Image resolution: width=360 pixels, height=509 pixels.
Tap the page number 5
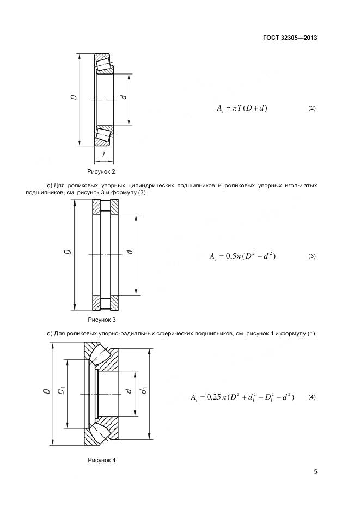315,471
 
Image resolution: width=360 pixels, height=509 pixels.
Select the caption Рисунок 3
102,320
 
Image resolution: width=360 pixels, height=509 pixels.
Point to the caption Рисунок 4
102,460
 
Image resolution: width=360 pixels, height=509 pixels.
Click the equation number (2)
312,108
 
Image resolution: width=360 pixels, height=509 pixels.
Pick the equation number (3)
312,256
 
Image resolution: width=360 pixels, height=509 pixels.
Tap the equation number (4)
312,397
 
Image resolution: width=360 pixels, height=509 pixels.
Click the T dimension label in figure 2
104,155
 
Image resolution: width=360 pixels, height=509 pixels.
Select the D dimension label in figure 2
73,98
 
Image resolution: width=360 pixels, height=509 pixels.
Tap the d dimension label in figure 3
129,252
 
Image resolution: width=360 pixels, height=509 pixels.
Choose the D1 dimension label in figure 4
62,391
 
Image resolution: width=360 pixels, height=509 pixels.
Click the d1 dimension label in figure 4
144,390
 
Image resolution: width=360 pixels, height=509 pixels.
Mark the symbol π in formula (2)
235,108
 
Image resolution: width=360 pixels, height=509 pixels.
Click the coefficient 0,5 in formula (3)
231,256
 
